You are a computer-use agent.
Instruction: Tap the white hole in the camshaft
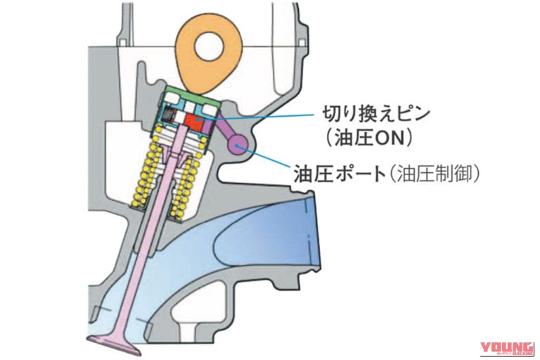click(210, 46)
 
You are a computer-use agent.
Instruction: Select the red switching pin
click(194, 122)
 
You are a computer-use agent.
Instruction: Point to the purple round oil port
click(238, 145)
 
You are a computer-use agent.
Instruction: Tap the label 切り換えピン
click(376, 115)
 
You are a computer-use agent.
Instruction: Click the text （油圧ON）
click(369, 138)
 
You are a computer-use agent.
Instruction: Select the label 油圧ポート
click(340, 174)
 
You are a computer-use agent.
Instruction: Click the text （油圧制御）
click(435, 174)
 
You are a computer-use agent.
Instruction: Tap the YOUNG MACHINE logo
click(507, 349)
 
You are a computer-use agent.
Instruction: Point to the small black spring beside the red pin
click(169, 114)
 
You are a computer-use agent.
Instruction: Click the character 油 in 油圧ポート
click(303, 174)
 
